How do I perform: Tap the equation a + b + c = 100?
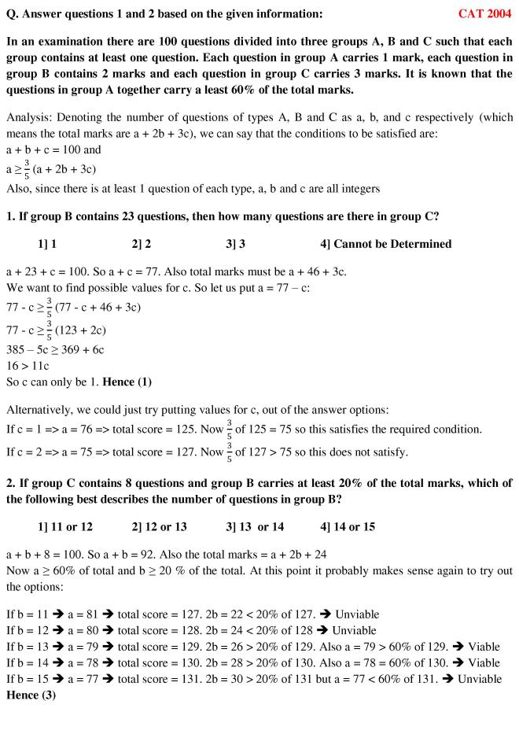click(52, 149)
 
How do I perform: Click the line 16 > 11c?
click(31, 366)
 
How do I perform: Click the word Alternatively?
click(42, 409)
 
